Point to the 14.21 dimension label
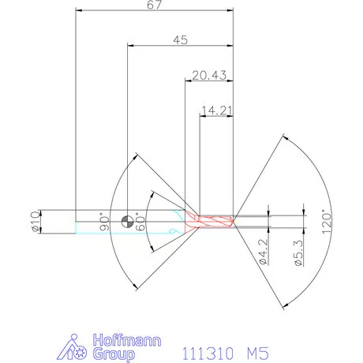click(x=217, y=110)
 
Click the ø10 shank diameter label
click(x=33, y=223)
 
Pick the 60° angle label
click(x=142, y=218)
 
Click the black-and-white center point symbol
click(x=126, y=220)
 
